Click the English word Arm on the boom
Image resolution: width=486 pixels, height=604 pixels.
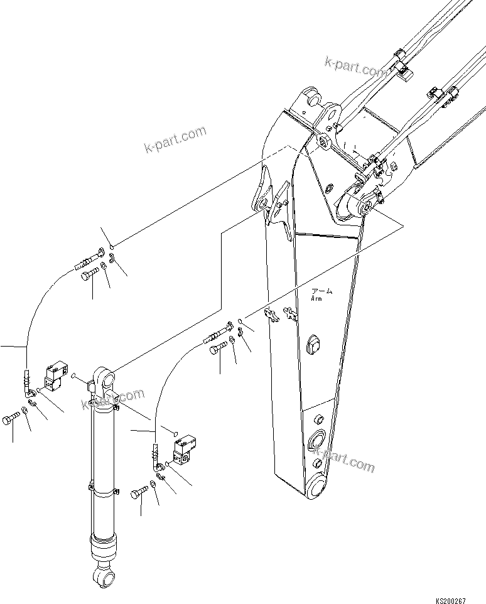[316, 299]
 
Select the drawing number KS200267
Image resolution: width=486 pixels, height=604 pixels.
[447, 600]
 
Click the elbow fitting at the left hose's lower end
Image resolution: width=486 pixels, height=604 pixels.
[30, 392]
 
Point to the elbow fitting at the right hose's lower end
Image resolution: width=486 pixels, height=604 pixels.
[158, 466]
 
